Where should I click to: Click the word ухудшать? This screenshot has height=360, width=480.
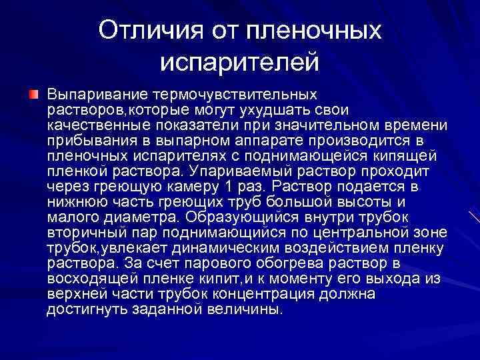(267, 109)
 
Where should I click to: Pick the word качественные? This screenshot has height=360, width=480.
(93, 125)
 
